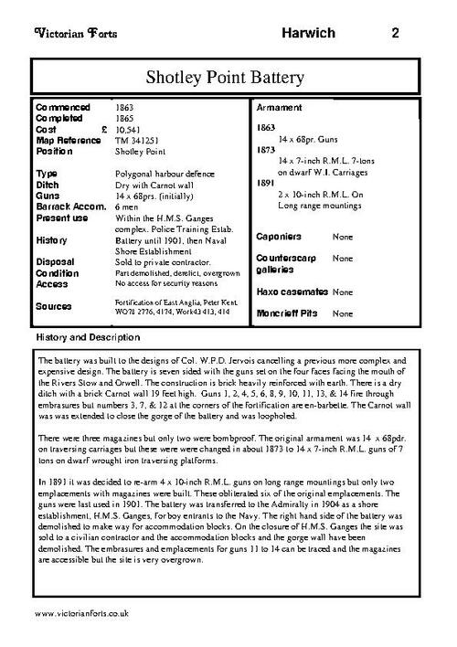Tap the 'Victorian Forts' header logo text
pos(66,34)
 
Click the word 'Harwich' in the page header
pos(307,34)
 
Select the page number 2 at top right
pos(395,34)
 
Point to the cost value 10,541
pos(129,130)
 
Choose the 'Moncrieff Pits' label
pos(288,313)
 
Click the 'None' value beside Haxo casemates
pos(344,292)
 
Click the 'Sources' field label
pos(54,307)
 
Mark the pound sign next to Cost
pos(104,130)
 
